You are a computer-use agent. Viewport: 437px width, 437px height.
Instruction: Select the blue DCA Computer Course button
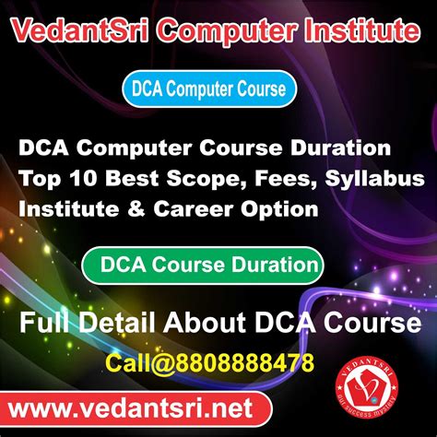tap(210, 90)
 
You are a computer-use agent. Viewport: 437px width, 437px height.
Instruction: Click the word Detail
tap(121, 324)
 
